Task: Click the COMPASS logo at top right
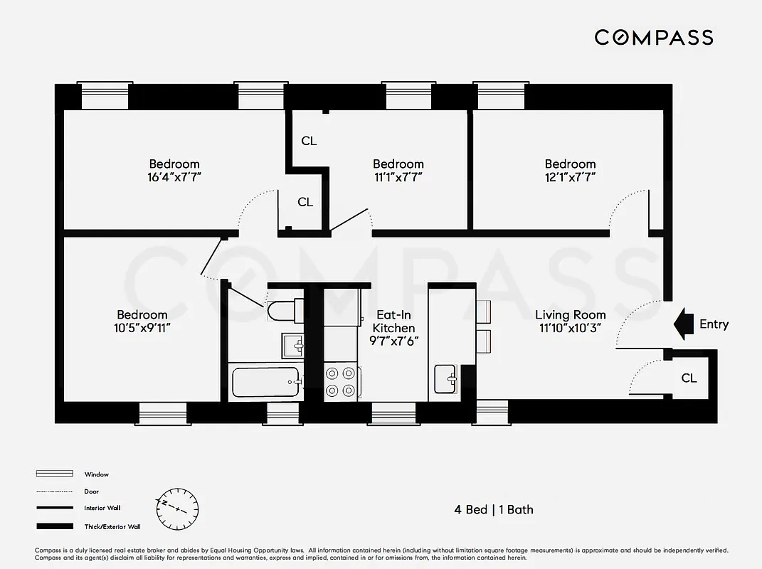[654, 37]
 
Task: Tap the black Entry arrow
[684, 324]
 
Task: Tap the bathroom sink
[293, 346]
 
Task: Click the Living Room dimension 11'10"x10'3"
[570, 328]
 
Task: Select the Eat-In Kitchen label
[393, 321]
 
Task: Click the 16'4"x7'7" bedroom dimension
[174, 177]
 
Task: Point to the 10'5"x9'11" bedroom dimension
[142, 328]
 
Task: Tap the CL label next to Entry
[689, 378]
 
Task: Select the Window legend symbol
[55, 474]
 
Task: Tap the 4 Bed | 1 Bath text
[494, 509]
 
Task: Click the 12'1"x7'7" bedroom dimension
[570, 177]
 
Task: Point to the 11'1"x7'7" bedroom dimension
[398, 177]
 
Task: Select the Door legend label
[91, 491]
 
